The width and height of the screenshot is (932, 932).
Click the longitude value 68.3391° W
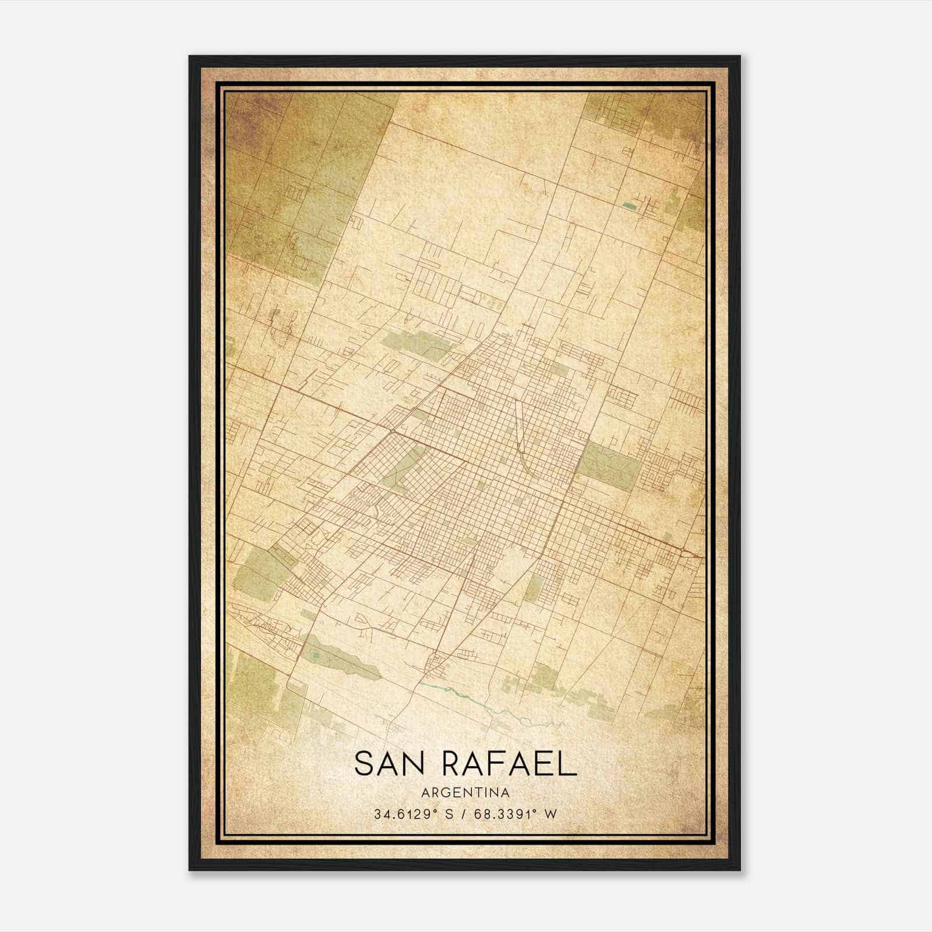[516, 814]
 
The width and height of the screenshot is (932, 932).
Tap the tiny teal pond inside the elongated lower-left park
[315, 655]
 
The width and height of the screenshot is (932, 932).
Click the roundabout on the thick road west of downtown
[393, 431]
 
